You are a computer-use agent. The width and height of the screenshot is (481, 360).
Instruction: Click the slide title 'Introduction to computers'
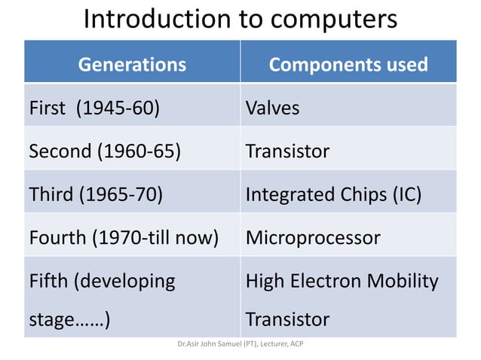click(x=240, y=19)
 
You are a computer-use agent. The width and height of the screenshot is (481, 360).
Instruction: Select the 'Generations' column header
click(x=132, y=64)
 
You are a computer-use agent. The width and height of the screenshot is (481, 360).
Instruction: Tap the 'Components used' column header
click(x=348, y=64)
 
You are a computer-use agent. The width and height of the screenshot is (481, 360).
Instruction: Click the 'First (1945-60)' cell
click(x=93, y=108)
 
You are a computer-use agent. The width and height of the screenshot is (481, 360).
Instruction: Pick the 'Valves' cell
click(x=272, y=108)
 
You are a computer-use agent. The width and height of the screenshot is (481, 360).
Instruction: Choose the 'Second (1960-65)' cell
click(x=105, y=151)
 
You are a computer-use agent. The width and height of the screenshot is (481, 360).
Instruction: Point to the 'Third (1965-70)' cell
click(x=96, y=194)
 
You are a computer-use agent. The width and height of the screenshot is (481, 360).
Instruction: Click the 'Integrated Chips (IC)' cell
click(x=333, y=194)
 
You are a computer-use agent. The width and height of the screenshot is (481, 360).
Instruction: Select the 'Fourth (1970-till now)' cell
click(x=123, y=238)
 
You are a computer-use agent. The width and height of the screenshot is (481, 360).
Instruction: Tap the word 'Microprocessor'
click(x=313, y=238)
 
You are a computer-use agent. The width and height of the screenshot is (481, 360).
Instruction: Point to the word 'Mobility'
click(x=406, y=281)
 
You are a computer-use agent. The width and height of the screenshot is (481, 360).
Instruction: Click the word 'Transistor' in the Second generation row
click(x=287, y=151)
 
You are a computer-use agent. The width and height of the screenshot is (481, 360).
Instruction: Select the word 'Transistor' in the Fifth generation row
click(x=287, y=319)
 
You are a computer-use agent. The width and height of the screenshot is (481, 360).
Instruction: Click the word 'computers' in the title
click(x=331, y=19)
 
